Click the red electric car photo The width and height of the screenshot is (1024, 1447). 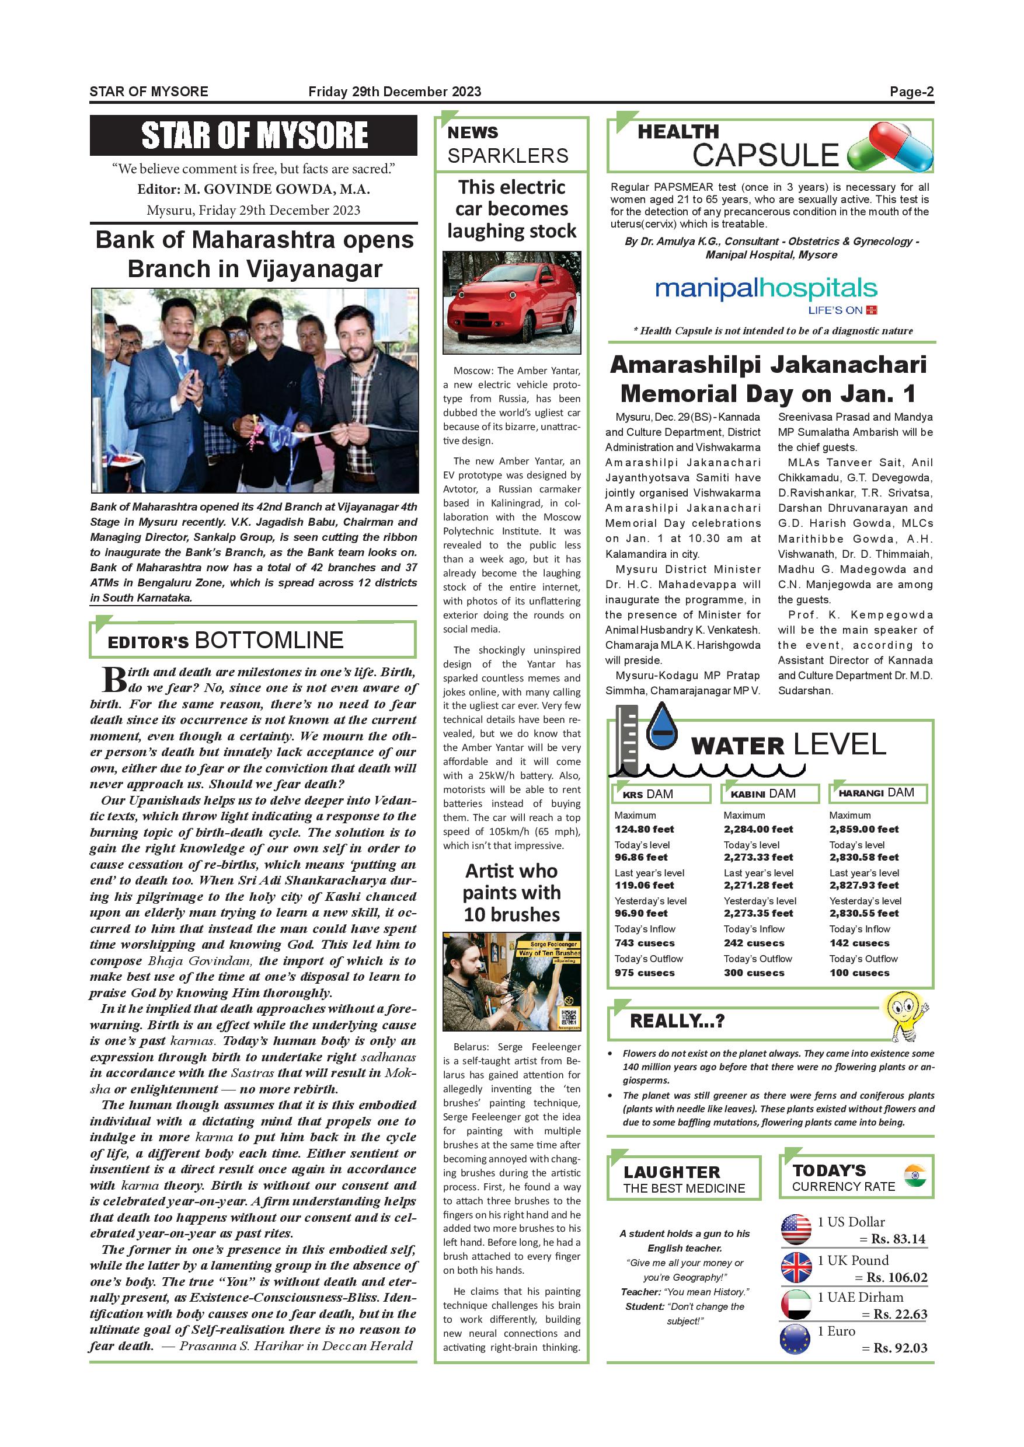coord(511,302)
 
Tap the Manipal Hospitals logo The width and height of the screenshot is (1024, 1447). coord(766,293)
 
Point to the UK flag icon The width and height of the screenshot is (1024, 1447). coord(796,1267)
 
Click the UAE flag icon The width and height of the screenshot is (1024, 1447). coord(796,1304)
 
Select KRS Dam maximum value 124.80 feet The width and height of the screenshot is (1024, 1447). coord(644,829)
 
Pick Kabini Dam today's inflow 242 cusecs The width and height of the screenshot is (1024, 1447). coord(754,943)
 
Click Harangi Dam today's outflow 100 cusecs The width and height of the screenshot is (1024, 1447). coord(859,973)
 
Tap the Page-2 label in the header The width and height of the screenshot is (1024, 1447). coord(911,92)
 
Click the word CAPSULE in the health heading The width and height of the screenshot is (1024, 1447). coord(765,155)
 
